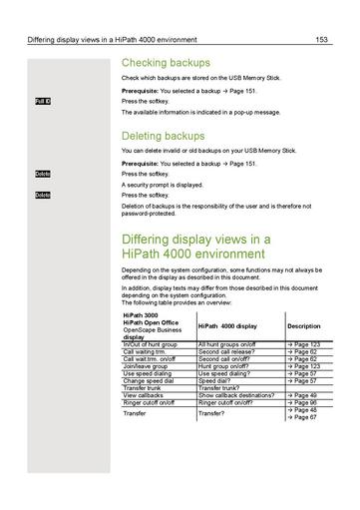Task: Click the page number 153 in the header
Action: pyautogui.click(x=321, y=40)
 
